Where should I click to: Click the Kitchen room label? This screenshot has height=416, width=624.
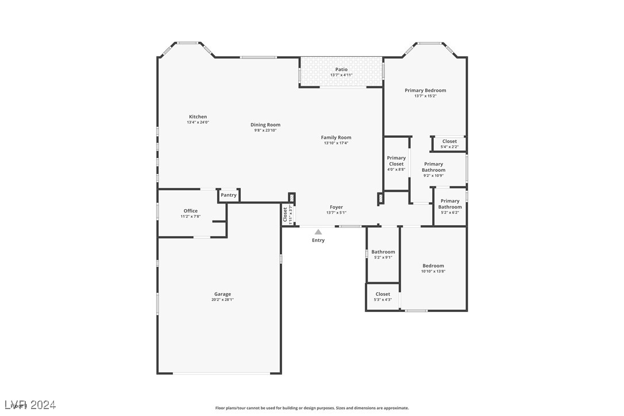tap(198, 117)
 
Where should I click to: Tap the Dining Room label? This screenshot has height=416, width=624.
tap(265, 125)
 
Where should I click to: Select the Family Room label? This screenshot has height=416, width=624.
tap(336, 137)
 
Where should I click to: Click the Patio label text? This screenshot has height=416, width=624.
tap(341, 70)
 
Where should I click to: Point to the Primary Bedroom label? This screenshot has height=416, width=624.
tap(425, 90)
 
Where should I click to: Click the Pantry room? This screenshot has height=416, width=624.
tap(229, 195)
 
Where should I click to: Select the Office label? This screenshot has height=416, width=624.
tap(191, 211)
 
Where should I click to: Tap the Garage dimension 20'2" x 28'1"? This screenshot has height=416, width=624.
tap(222, 299)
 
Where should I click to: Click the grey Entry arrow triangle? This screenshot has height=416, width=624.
tap(318, 232)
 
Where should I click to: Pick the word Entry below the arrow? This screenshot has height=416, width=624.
tap(318, 240)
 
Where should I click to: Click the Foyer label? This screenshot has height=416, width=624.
tap(336, 207)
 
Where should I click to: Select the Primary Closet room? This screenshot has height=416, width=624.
tap(396, 163)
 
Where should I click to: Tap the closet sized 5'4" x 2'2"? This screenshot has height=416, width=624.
tap(449, 144)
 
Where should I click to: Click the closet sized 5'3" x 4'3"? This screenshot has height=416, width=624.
tap(383, 296)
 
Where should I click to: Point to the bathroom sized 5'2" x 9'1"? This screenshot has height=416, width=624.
tap(383, 254)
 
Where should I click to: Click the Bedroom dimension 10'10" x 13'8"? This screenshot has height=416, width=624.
tap(433, 271)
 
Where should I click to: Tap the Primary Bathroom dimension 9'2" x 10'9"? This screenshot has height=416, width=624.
tap(434, 175)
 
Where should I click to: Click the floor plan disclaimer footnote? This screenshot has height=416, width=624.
tap(312, 408)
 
